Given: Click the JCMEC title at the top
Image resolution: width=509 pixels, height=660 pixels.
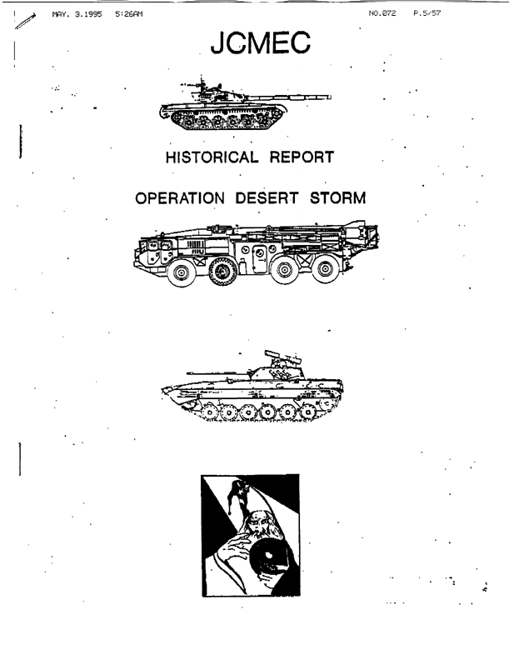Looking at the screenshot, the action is point(261,42).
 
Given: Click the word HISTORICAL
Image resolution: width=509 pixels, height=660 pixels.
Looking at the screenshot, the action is point(212,157).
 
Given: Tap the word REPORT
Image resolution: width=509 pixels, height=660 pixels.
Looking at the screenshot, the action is point(302,157).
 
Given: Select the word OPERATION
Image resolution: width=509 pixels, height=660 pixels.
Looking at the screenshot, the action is point(180,197).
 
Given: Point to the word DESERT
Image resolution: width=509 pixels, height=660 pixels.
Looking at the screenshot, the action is point(267,197).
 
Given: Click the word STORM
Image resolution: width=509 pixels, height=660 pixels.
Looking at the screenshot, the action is point(337,197).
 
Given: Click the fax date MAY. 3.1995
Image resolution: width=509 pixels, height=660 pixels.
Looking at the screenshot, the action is point(77,14).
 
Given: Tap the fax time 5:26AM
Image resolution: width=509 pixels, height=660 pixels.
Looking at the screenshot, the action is point(129,14).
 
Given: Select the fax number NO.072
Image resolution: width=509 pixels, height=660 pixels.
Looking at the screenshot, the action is point(382,13).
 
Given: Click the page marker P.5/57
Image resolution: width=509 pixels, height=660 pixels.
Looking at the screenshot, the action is point(427,13).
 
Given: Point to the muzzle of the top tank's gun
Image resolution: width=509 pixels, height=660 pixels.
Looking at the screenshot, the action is point(330,97).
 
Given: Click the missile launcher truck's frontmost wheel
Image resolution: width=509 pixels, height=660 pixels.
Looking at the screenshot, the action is point(182,272).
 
